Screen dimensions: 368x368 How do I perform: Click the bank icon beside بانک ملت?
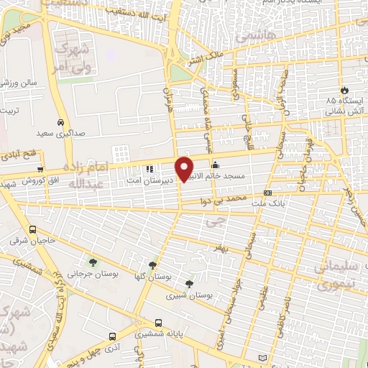click(267, 193)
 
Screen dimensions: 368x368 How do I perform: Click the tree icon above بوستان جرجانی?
click(92, 260)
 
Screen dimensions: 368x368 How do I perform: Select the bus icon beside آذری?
click(111, 336)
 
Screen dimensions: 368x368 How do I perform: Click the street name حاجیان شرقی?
click(28, 241)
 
